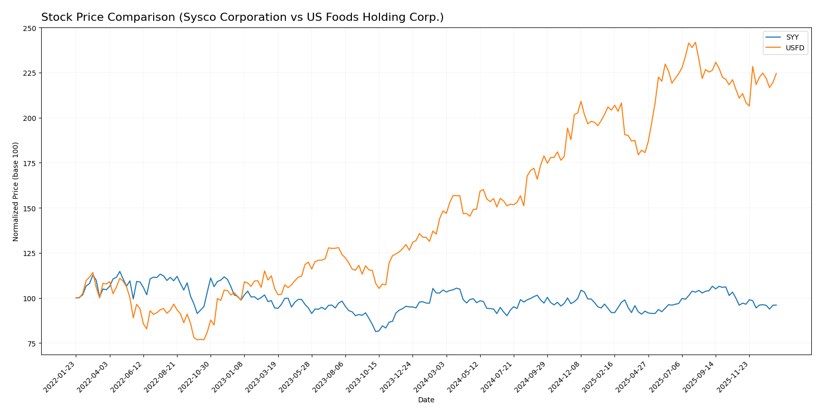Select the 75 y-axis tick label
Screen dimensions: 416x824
pyautogui.click(x=32, y=344)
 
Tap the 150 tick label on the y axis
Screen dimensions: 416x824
pyautogui.click(x=30, y=209)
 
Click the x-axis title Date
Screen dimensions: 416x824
pyautogui.click(x=426, y=400)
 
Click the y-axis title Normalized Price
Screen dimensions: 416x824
pyautogui.click(x=16, y=191)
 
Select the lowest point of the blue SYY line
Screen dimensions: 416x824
pyautogui.click(x=376, y=332)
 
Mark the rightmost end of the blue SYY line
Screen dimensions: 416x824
pyautogui.click(x=776, y=305)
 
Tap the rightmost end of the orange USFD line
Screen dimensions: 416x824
pyautogui.click(x=776, y=73)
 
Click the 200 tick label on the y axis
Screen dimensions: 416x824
pyautogui.click(x=30, y=118)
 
